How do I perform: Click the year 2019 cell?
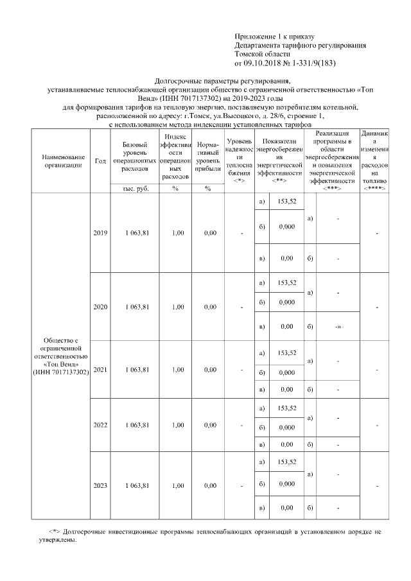click(100, 232)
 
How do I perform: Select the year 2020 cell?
click(100, 307)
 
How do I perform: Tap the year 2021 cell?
click(100, 370)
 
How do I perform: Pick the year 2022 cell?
click(100, 425)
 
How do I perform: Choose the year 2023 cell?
click(100, 485)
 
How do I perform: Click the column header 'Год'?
click(100, 161)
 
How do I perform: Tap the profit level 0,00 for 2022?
click(209, 425)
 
